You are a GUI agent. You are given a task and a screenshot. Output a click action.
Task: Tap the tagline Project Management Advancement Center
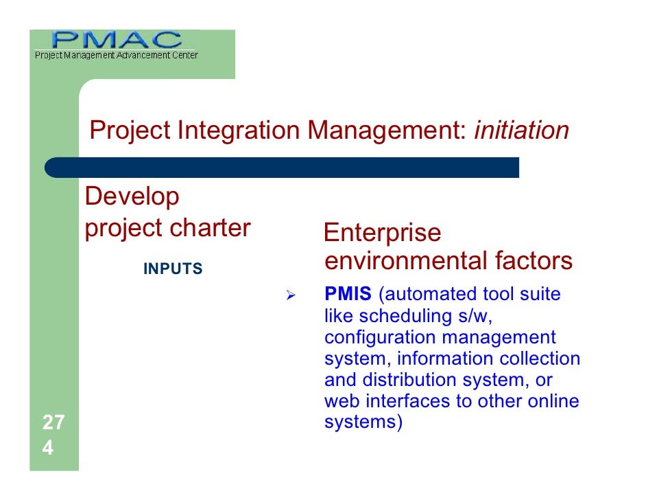point(117,55)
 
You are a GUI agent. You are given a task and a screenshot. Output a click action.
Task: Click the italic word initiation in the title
point(521,130)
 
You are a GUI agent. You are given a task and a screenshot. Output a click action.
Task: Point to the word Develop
point(132,197)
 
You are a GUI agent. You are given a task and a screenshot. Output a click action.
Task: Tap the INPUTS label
point(173,269)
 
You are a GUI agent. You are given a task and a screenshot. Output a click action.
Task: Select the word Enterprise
point(382,234)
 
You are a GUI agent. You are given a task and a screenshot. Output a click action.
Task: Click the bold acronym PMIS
point(348,295)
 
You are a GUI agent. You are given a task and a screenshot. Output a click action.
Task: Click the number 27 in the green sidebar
point(53,422)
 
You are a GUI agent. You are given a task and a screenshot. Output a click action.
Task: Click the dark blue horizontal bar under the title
point(281,168)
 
